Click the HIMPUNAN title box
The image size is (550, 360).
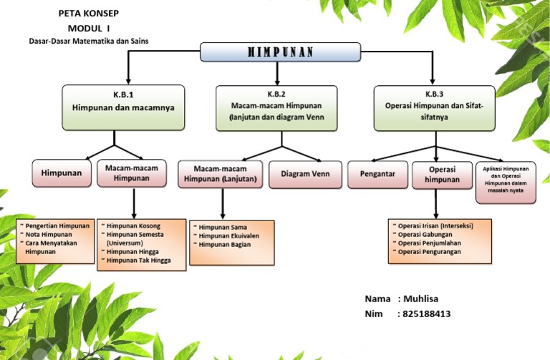280,52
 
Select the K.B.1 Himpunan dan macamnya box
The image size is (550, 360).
123,107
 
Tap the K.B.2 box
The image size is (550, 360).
276,108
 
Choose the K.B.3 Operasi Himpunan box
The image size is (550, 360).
434,108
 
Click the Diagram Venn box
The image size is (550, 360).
305,174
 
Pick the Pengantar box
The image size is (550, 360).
377,174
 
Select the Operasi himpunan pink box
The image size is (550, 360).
442,175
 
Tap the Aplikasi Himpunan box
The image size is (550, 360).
506,183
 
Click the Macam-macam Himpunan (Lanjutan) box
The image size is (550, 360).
221,174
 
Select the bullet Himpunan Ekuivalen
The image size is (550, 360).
226,236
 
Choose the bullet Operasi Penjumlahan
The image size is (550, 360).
427,243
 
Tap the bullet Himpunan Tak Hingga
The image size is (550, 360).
136,260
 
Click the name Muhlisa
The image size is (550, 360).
420,298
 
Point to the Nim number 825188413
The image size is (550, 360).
426,313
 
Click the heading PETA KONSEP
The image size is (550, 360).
89,14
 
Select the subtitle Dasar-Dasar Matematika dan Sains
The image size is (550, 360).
89,41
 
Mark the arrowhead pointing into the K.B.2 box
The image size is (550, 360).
277,82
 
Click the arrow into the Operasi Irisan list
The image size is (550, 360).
436,204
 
